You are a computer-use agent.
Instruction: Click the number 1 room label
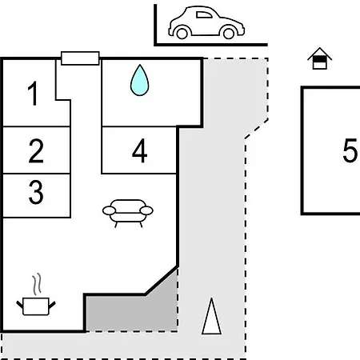coord(33,94)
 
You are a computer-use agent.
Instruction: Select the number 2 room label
coord(36,150)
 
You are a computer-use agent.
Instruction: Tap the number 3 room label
coord(36,192)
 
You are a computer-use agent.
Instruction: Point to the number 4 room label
coord(139,150)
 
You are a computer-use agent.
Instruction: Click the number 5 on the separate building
coord(350,150)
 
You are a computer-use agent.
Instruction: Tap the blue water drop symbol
coord(139,80)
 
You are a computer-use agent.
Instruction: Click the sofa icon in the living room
coord(128,213)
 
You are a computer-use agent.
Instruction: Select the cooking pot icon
coord(36,306)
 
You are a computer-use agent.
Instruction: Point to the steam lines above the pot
coord(38,284)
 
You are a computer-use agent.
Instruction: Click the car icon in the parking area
coord(206,22)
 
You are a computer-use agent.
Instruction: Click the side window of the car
coord(204,14)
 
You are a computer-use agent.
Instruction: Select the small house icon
coord(319,58)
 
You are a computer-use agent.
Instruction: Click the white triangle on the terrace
coord(211,317)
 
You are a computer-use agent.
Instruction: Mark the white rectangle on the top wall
coord(80,58)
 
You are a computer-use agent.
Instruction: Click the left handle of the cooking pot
coord(20,305)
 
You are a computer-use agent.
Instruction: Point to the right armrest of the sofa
coord(146,210)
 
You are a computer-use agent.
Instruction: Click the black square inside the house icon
coord(319,59)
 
